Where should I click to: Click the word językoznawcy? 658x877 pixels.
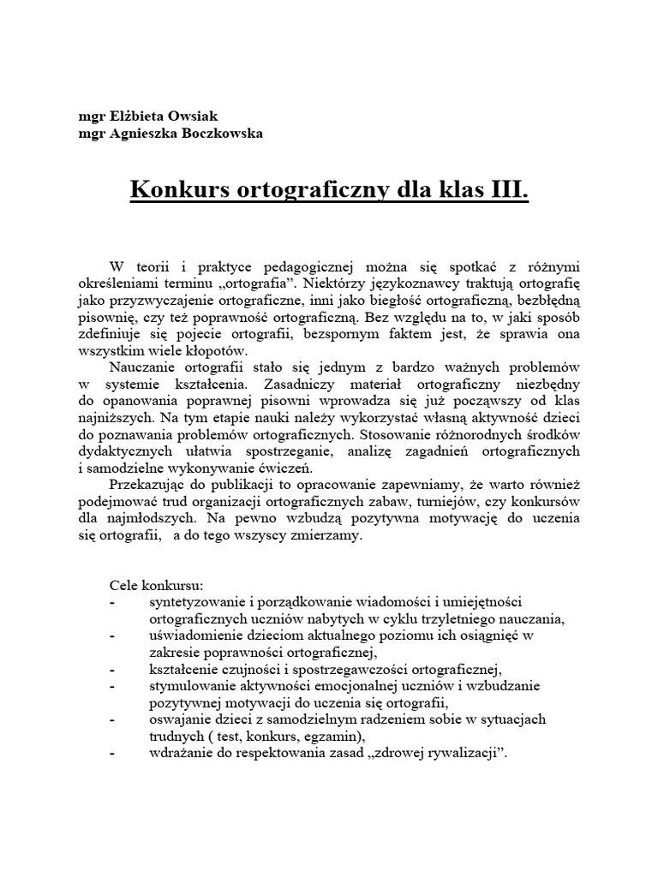[x=464, y=286]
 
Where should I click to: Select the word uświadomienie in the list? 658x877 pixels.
[x=189, y=635]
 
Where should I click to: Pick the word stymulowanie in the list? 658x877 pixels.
[x=187, y=686]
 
